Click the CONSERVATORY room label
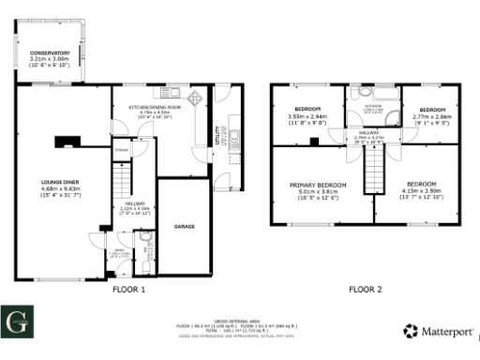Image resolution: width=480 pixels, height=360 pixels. click(50, 52)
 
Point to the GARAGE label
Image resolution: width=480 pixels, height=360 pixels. click(184, 226)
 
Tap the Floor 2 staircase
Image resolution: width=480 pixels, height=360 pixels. click(373, 170)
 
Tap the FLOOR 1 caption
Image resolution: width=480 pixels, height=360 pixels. click(129, 290)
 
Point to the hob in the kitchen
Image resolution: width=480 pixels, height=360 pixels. click(194, 99)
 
